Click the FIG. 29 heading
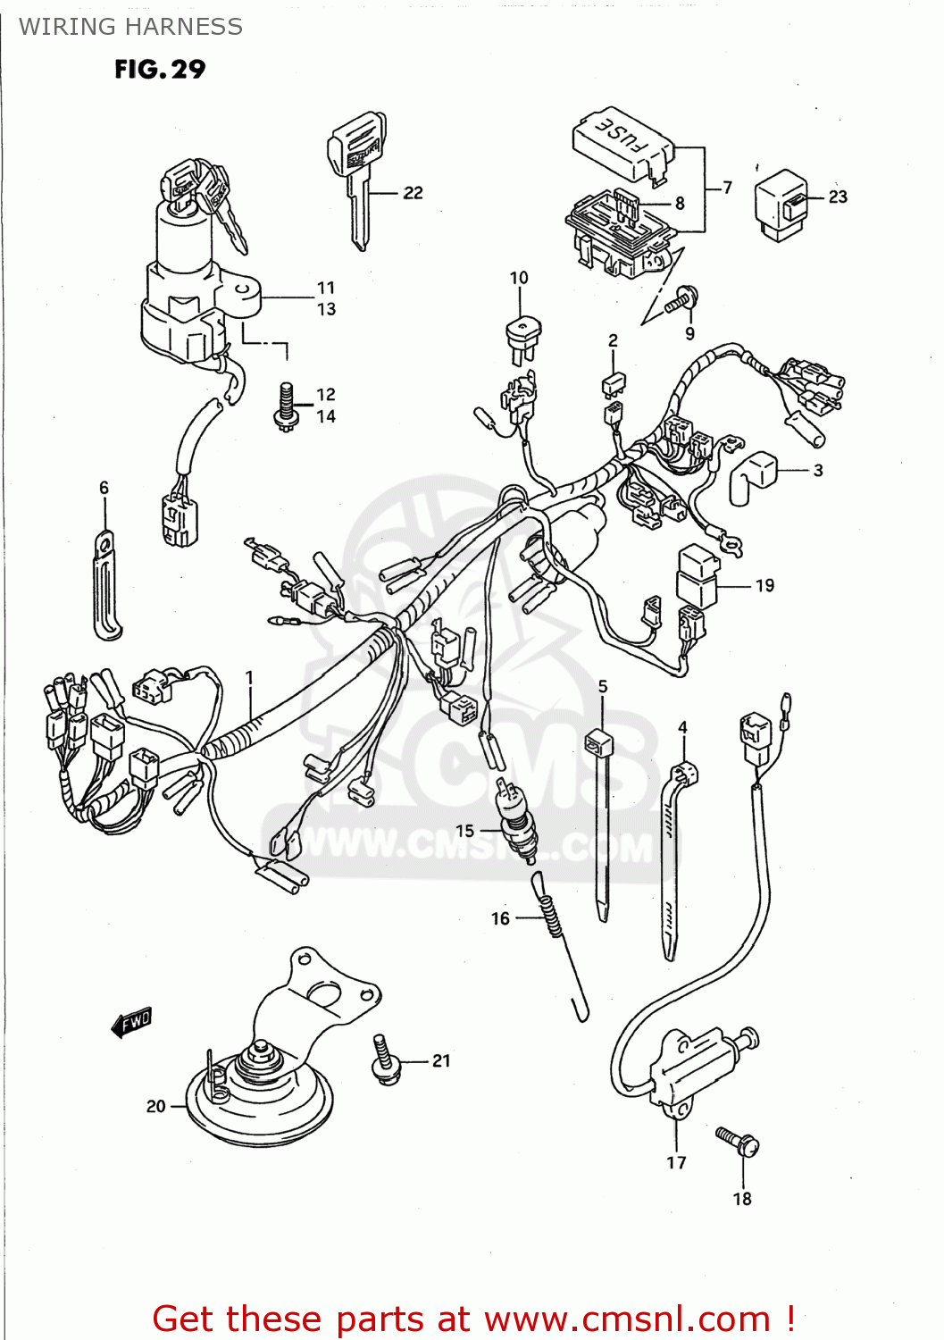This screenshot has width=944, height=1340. (x=160, y=70)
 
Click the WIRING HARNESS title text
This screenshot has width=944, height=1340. (x=130, y=27)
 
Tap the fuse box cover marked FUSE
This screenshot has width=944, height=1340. (x=622, y=141)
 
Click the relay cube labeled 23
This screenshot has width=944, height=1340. (x=781, y=205)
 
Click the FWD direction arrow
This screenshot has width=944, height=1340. (x=132, y=1022)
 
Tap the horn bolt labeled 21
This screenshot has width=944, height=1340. (x=385, y=1060)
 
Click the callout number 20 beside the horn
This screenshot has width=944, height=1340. (x=156, y=1106)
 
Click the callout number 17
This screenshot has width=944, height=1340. (x=676, y=1162)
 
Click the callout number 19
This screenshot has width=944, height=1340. (x=764, y=586)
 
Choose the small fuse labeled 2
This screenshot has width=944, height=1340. (x=613, y=384)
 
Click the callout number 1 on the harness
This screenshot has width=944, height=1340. (x=250, y=678)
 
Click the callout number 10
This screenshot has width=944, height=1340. (x=519, y=278)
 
